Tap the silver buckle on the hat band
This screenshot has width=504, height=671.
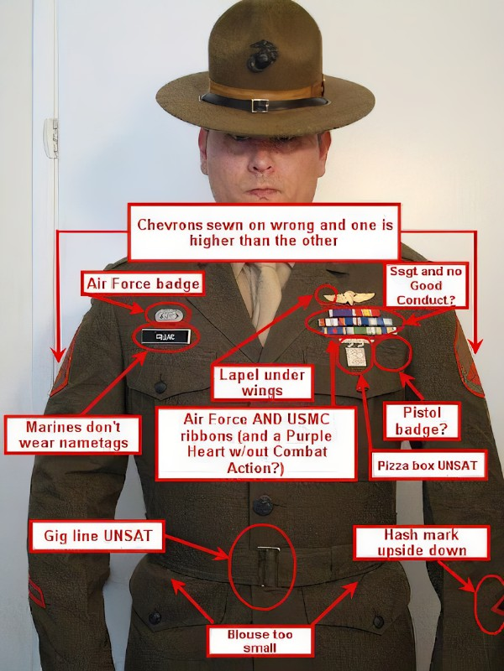pos(260,105)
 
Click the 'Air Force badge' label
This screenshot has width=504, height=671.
pos(143,283)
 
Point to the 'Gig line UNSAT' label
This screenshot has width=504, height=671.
pos(92,534)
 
